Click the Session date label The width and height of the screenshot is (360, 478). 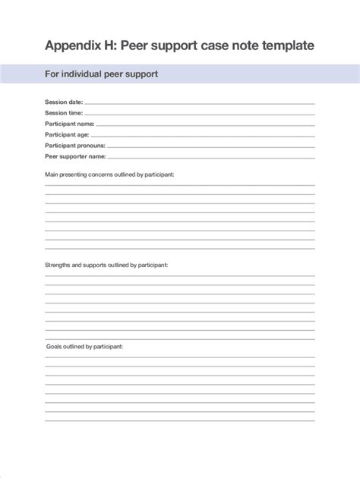[x=64, y=102]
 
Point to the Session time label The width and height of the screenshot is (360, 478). [x=64, y=113]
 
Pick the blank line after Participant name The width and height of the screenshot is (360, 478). [x=206, y=125]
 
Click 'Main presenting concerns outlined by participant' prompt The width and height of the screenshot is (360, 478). [x=109, y=175]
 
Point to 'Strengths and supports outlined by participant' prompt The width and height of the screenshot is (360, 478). [x=106, y=266]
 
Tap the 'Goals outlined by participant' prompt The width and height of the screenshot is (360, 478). [x=84, y=346]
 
